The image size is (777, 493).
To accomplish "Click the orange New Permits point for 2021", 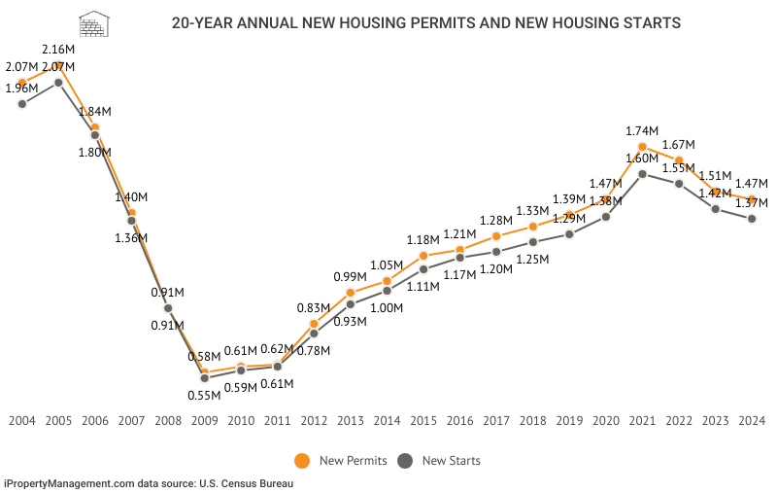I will [x=642, y=147].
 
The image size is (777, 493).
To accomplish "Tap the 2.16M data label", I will [x=58, y=49].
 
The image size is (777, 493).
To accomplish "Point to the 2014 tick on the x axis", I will [x=387, y=420].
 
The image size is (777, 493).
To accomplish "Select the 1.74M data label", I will [x=642, y=130].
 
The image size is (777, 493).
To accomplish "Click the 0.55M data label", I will [x=204, y=394].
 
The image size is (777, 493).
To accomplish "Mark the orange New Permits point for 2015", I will [x=423, y=256].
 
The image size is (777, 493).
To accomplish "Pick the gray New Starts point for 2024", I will [x=752, y=219].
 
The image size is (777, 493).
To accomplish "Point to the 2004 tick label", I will [x=21, y=420].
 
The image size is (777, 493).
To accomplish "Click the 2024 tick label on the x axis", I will [x=752, y=420].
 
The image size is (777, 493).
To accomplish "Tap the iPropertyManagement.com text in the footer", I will [x=69, y=482].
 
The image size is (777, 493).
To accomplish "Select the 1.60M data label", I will [x=642, y=158].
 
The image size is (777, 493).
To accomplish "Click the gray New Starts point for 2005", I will [x=58, y=83].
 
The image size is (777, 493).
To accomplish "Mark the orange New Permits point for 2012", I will [x=314, y=324].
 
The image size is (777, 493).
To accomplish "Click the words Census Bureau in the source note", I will [x=257, y=482].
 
